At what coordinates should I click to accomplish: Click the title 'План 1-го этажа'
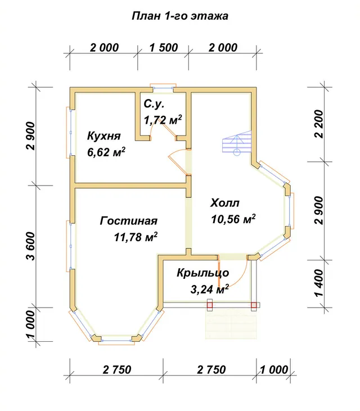tap(179, 16)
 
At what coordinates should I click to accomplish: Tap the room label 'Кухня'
tap(104, 136)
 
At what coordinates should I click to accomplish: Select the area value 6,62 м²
tap(106, 152)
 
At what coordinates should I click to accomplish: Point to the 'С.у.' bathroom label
tap(154, 105)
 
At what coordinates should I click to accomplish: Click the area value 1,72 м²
tap(163, 120)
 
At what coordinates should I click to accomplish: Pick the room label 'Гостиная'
tap(129, 221)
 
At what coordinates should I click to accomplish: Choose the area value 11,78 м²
tap(136, 237)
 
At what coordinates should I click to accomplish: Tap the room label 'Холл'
tap(225, 203)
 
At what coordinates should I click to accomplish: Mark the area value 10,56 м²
tap(233, 219)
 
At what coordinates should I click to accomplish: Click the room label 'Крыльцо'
tap(203, 273)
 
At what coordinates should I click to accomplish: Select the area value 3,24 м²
tap(209, 289)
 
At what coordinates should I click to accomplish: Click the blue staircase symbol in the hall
tap(237, 143)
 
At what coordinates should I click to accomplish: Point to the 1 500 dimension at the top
tap(164, 48)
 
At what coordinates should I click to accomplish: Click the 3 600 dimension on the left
tap(30, 246)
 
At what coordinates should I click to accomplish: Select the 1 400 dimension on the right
tap(319, 283)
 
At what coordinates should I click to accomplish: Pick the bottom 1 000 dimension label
tap(274, 370)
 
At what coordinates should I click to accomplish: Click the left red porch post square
tap(209, 305)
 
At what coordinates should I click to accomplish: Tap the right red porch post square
tap(254, 305)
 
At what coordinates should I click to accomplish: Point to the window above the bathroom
tap(163, 88)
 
